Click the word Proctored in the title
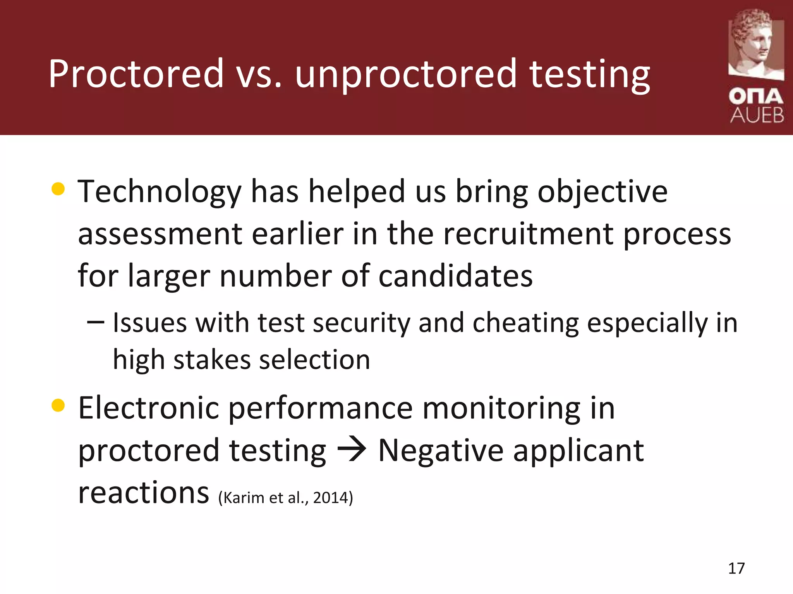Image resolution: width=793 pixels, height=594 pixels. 136,73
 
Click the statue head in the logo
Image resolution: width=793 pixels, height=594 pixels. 755,43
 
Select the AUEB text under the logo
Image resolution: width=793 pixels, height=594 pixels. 757,115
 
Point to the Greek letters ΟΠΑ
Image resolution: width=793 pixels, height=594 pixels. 756,96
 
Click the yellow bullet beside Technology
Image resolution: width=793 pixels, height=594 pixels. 58,189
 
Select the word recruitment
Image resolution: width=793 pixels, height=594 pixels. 528,234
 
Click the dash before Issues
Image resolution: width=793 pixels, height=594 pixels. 95,322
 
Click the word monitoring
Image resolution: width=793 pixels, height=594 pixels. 501,409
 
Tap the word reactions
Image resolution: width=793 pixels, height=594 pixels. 143,493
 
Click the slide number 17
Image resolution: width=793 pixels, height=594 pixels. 736,568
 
